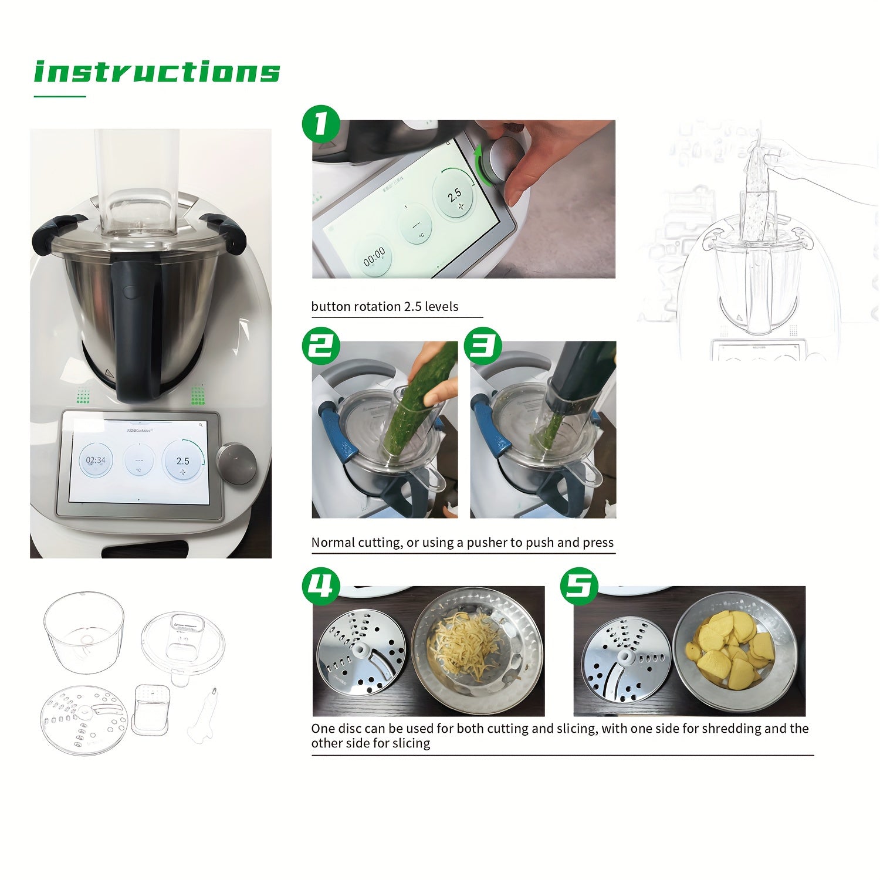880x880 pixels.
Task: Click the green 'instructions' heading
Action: point(157,72)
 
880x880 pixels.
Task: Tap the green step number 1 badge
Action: point(320,124)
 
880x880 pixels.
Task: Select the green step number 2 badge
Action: point(321,346)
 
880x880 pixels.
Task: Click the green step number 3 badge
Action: point(482,346)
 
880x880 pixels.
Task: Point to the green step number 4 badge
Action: point(321,585)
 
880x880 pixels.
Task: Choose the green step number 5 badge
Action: point(578,585)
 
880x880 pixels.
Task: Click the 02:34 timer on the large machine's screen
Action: point(96,460)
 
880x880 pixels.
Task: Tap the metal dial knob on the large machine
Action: point(236,463)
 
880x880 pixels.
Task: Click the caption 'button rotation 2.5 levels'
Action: point(384,306)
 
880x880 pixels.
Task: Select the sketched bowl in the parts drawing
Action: point(84,631)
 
